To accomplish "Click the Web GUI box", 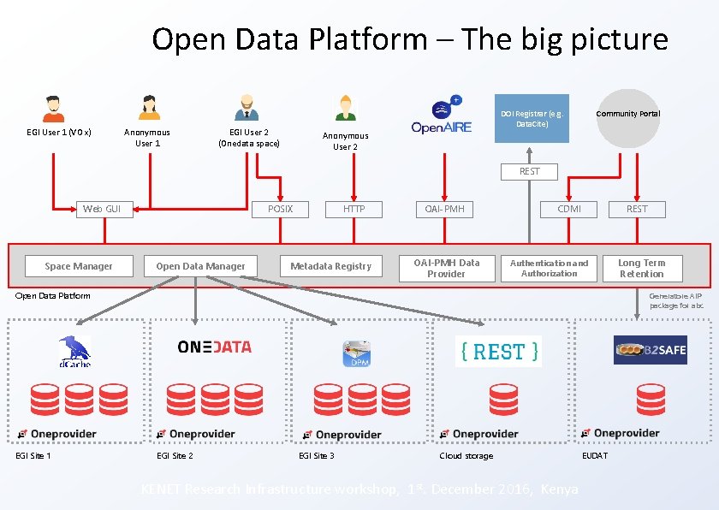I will point(103,209).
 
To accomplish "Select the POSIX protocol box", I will point(280,209).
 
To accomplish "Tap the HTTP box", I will point(354,209).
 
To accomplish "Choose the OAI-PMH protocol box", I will point(445,209).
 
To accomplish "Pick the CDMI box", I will point(569,209).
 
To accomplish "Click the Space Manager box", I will point(79,266).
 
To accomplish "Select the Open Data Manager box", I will point(200,266).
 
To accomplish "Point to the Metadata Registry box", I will point(330,266).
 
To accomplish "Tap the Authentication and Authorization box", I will point(549,268).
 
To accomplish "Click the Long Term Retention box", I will point(641,268).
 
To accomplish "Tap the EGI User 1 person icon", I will point(53,108).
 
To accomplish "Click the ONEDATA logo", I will point(214,347).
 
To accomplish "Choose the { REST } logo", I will point(498,351).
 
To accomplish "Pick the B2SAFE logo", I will point(650,350).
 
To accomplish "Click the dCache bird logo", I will point(74,352).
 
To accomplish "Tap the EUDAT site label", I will point(594,455).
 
